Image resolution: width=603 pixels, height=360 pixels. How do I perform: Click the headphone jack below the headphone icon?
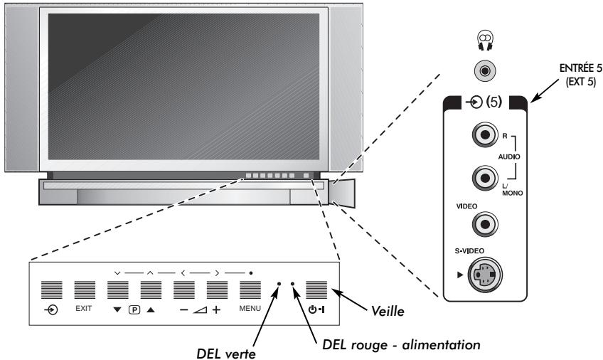click(x=484, y=73)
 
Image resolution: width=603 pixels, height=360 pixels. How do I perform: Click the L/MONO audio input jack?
click(x=485, y=175)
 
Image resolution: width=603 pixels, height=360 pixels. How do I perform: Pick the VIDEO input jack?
click(x=485, y=224)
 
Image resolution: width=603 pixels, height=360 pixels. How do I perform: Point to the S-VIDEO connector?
click(x=484, y=273)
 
